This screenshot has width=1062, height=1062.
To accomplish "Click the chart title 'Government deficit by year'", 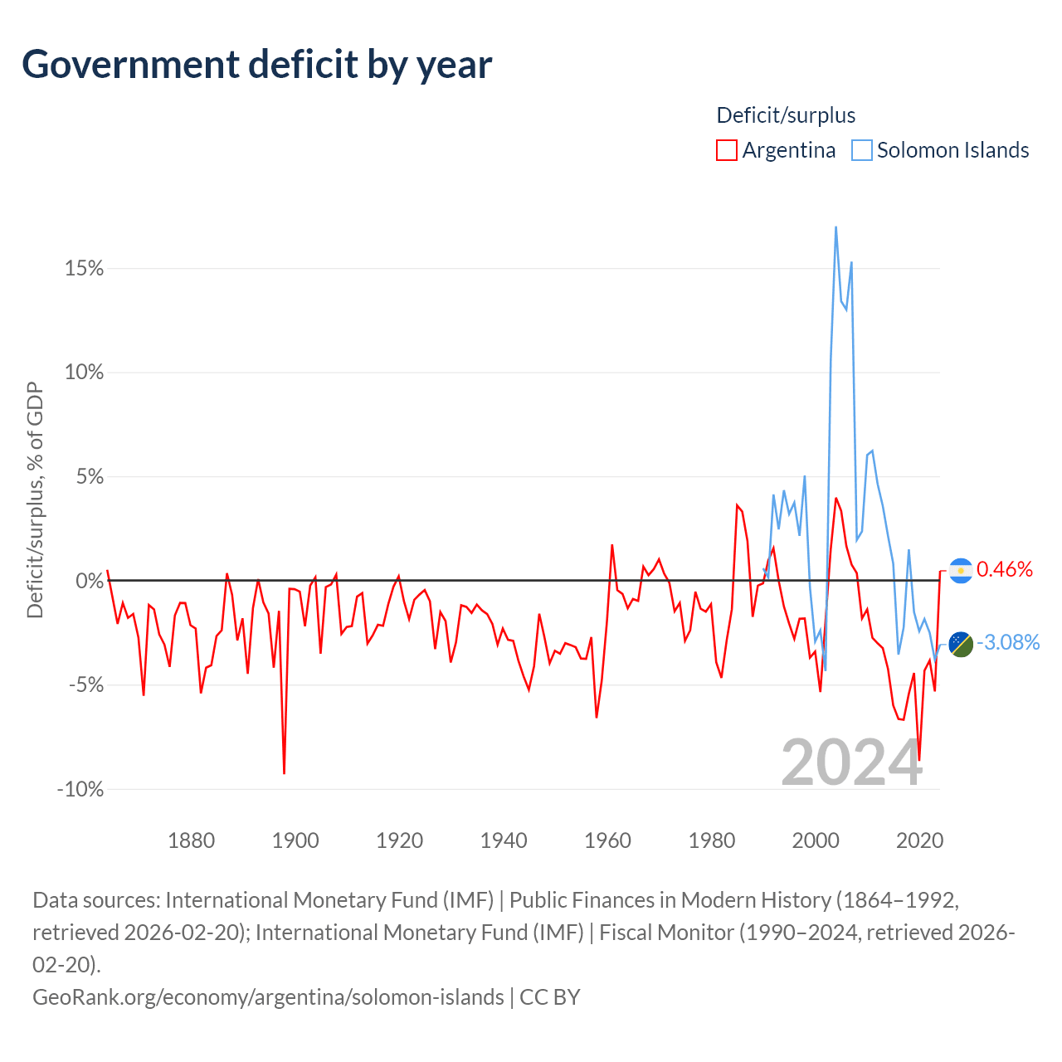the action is click(256, 65).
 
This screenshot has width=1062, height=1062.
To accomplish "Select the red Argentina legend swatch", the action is click(726, 150).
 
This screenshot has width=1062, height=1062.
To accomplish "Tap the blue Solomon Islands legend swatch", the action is click(861, 150).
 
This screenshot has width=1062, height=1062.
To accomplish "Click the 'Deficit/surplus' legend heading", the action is click(786, 115).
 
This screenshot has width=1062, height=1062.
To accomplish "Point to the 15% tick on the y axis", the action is click(85, 268).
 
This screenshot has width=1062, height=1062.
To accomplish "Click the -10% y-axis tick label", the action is click(80, 789).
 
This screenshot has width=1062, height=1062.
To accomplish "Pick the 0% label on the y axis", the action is click(90, 581).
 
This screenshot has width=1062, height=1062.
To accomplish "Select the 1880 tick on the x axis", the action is click(191, 840).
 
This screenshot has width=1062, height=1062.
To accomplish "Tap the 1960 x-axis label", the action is click(607, 840).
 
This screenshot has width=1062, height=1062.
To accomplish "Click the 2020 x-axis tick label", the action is click(919, 840).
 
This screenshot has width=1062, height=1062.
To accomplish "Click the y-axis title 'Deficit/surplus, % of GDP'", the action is click(35, 499).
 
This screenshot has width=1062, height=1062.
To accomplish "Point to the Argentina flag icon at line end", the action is click(961, 571).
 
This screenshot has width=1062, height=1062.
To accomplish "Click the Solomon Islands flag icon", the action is click(961, 645).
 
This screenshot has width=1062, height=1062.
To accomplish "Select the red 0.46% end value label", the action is click(1004, 569).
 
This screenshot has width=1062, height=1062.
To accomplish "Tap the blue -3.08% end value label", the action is click(1008, 643).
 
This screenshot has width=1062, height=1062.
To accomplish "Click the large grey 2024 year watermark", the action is click(851, 763).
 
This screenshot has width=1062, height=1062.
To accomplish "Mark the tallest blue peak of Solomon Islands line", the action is click(836, 227).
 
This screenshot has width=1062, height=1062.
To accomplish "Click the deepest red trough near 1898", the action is click(284, 773).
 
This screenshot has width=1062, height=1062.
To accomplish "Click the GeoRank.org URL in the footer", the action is click(268, 997).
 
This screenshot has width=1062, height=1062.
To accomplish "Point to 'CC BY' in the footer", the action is click(549, 997).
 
